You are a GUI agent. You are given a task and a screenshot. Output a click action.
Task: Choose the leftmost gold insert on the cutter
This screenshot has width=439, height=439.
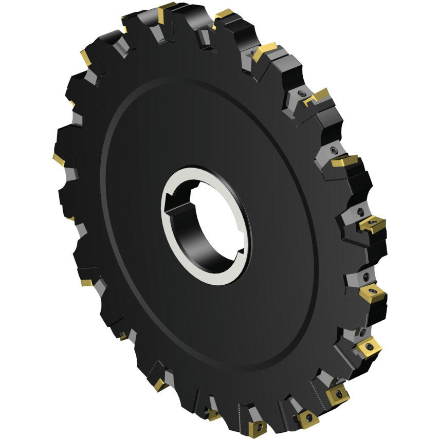pos(58,160)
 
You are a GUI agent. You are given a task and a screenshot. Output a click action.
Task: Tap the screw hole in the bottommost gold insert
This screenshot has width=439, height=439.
pos(259,427)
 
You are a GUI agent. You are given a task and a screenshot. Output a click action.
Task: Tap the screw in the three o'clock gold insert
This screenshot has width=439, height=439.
pos(372,225)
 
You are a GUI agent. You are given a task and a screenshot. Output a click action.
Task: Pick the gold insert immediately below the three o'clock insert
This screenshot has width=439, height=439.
pos(373,294)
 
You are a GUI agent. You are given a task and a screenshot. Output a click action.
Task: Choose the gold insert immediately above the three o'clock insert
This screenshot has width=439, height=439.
pos(343,161)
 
